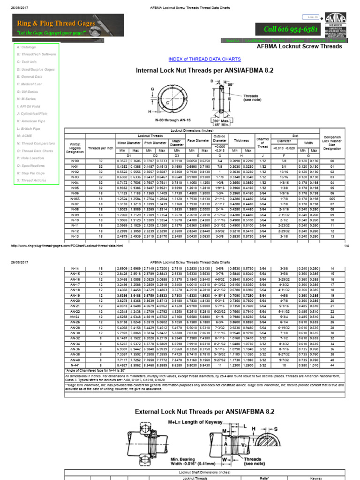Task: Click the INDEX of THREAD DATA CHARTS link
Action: coord(204,59)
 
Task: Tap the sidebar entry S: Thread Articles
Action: coord(31,180)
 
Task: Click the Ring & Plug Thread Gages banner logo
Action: coord(68,25)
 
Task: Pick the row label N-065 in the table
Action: coord(75,198)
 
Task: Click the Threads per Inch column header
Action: coord(100,148)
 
